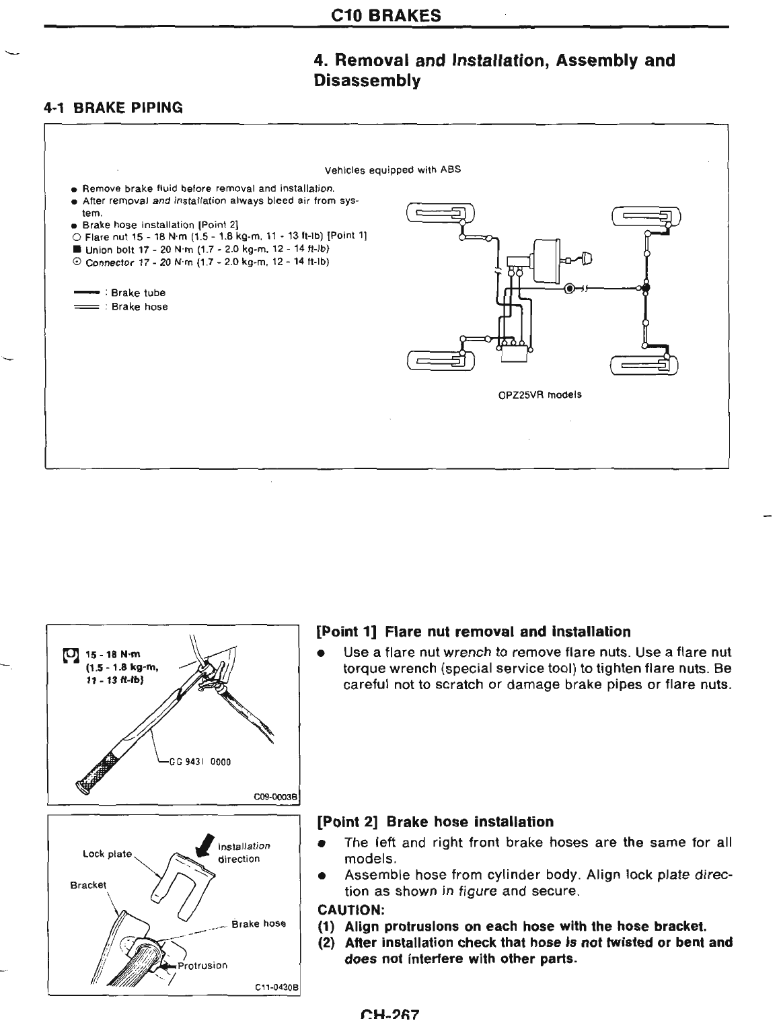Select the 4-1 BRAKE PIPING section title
click(114, 107)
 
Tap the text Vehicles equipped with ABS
click(392, 170)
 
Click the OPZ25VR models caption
click(540, 395)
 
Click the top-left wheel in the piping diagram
click(441, 214)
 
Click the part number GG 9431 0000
click(198, 762)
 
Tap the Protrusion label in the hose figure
click(202, 965)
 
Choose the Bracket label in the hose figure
click(88, 884)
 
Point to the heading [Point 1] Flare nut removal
click(474, 632)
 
